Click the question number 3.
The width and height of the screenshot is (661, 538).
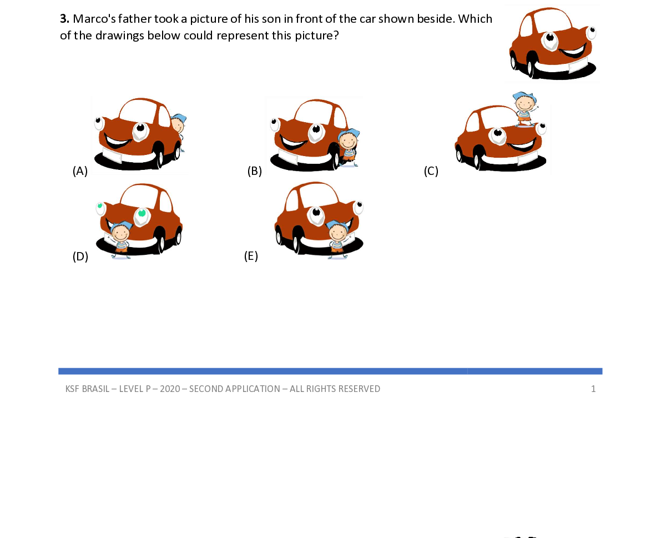pos(64,18)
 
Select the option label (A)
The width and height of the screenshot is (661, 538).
pos(80,171)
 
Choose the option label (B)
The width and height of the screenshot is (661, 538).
pos(255,171)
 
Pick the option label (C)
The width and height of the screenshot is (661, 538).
pos(431,171)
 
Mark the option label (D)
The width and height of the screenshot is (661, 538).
pos(80,257)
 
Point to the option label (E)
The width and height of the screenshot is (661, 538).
pos(251,256)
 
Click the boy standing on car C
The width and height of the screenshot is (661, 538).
pos(525,109)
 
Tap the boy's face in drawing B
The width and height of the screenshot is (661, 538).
pos(348,141)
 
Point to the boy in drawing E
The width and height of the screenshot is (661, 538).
pos(337,239)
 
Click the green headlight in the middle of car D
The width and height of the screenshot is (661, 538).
pos(142,214)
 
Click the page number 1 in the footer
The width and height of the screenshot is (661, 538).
pos(593,389)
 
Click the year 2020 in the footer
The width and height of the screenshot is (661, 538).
pos(170,389)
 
